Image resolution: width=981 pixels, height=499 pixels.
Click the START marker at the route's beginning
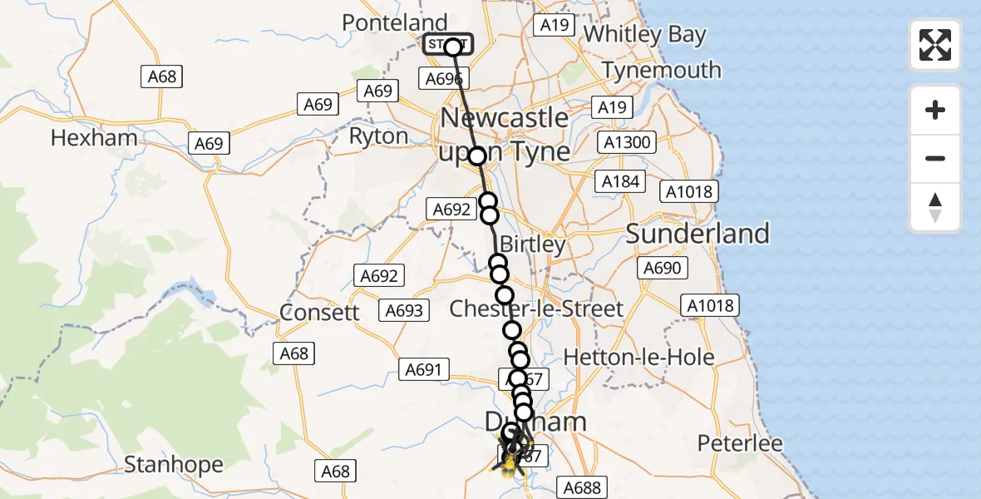[x=447, y=45]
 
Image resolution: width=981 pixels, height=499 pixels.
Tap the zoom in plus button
[x=935, y=111]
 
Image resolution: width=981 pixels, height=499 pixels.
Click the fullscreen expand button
[x=935, y=45]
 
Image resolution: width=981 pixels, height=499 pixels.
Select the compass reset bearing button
[x=935, y=207]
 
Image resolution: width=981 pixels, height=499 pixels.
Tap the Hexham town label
[x=93, y=137]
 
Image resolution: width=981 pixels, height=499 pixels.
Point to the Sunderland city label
[x=698, y=234]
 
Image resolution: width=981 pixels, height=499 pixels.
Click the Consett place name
[x=320, y=312]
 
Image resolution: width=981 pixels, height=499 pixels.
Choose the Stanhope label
[x=173, y=464]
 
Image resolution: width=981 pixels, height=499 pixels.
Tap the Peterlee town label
[x=740, y=443]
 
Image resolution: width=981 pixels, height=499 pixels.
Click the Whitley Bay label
[x=645, y=35]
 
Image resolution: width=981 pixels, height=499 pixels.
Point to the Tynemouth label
[x=661, y=70]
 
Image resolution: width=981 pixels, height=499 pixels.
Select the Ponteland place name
[x=395, y=22]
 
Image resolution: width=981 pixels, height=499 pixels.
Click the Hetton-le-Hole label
[x=638, y=357]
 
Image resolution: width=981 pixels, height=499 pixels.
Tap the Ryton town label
[x=379, y=136]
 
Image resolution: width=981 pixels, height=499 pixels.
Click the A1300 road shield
[x=626, y=142]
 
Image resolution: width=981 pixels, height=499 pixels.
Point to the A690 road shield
[x=662, y=268]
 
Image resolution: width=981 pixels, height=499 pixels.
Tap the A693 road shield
[x=404, y=311]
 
